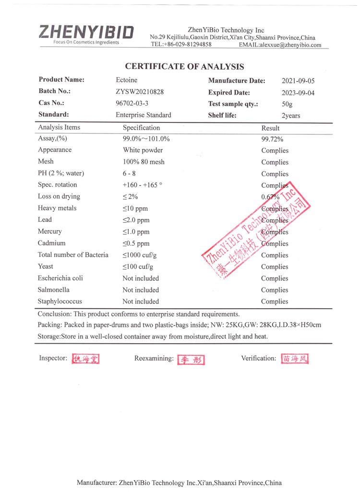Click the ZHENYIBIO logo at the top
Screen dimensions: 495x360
(x=86, y=34)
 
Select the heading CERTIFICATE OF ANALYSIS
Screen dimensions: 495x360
(x=184, y=67)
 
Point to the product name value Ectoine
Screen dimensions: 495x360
(x=126, y=80)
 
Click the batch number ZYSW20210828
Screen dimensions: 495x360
(x=140, y=92)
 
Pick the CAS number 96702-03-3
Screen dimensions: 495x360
(x=132, y=103)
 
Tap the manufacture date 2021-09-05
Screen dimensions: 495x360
(x=298, y=81)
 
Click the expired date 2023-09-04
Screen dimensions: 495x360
(x=298, y=93)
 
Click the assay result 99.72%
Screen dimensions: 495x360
(x=272, y=139)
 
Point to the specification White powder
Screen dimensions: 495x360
(x=143, y=150)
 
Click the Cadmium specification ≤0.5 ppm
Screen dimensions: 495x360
(x=136, y=243)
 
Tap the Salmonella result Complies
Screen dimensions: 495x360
(x=275, y=290)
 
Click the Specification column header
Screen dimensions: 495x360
(x=141, y=128)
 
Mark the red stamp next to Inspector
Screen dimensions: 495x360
(x=85, y=359)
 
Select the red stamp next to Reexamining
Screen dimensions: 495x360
(x=192, y=360)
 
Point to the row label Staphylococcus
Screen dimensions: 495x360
(x=60, y=302)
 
